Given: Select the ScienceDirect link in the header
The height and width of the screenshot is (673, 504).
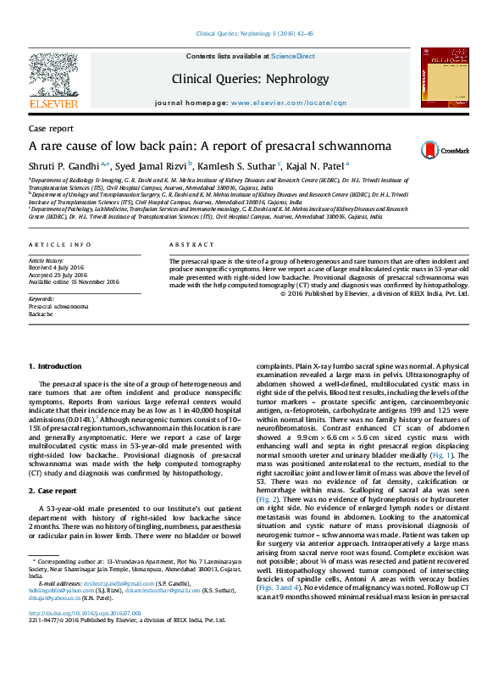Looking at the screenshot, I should [x=293, y=56].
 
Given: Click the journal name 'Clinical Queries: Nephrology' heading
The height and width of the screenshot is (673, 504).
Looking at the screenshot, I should [x=250, y=79].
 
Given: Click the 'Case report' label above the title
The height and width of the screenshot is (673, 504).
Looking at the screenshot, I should [x=51, y=128].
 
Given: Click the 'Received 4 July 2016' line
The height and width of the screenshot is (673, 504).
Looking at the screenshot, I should [x=58, y=268].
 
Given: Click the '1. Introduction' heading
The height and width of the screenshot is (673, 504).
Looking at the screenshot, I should [x=56, y=365].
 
